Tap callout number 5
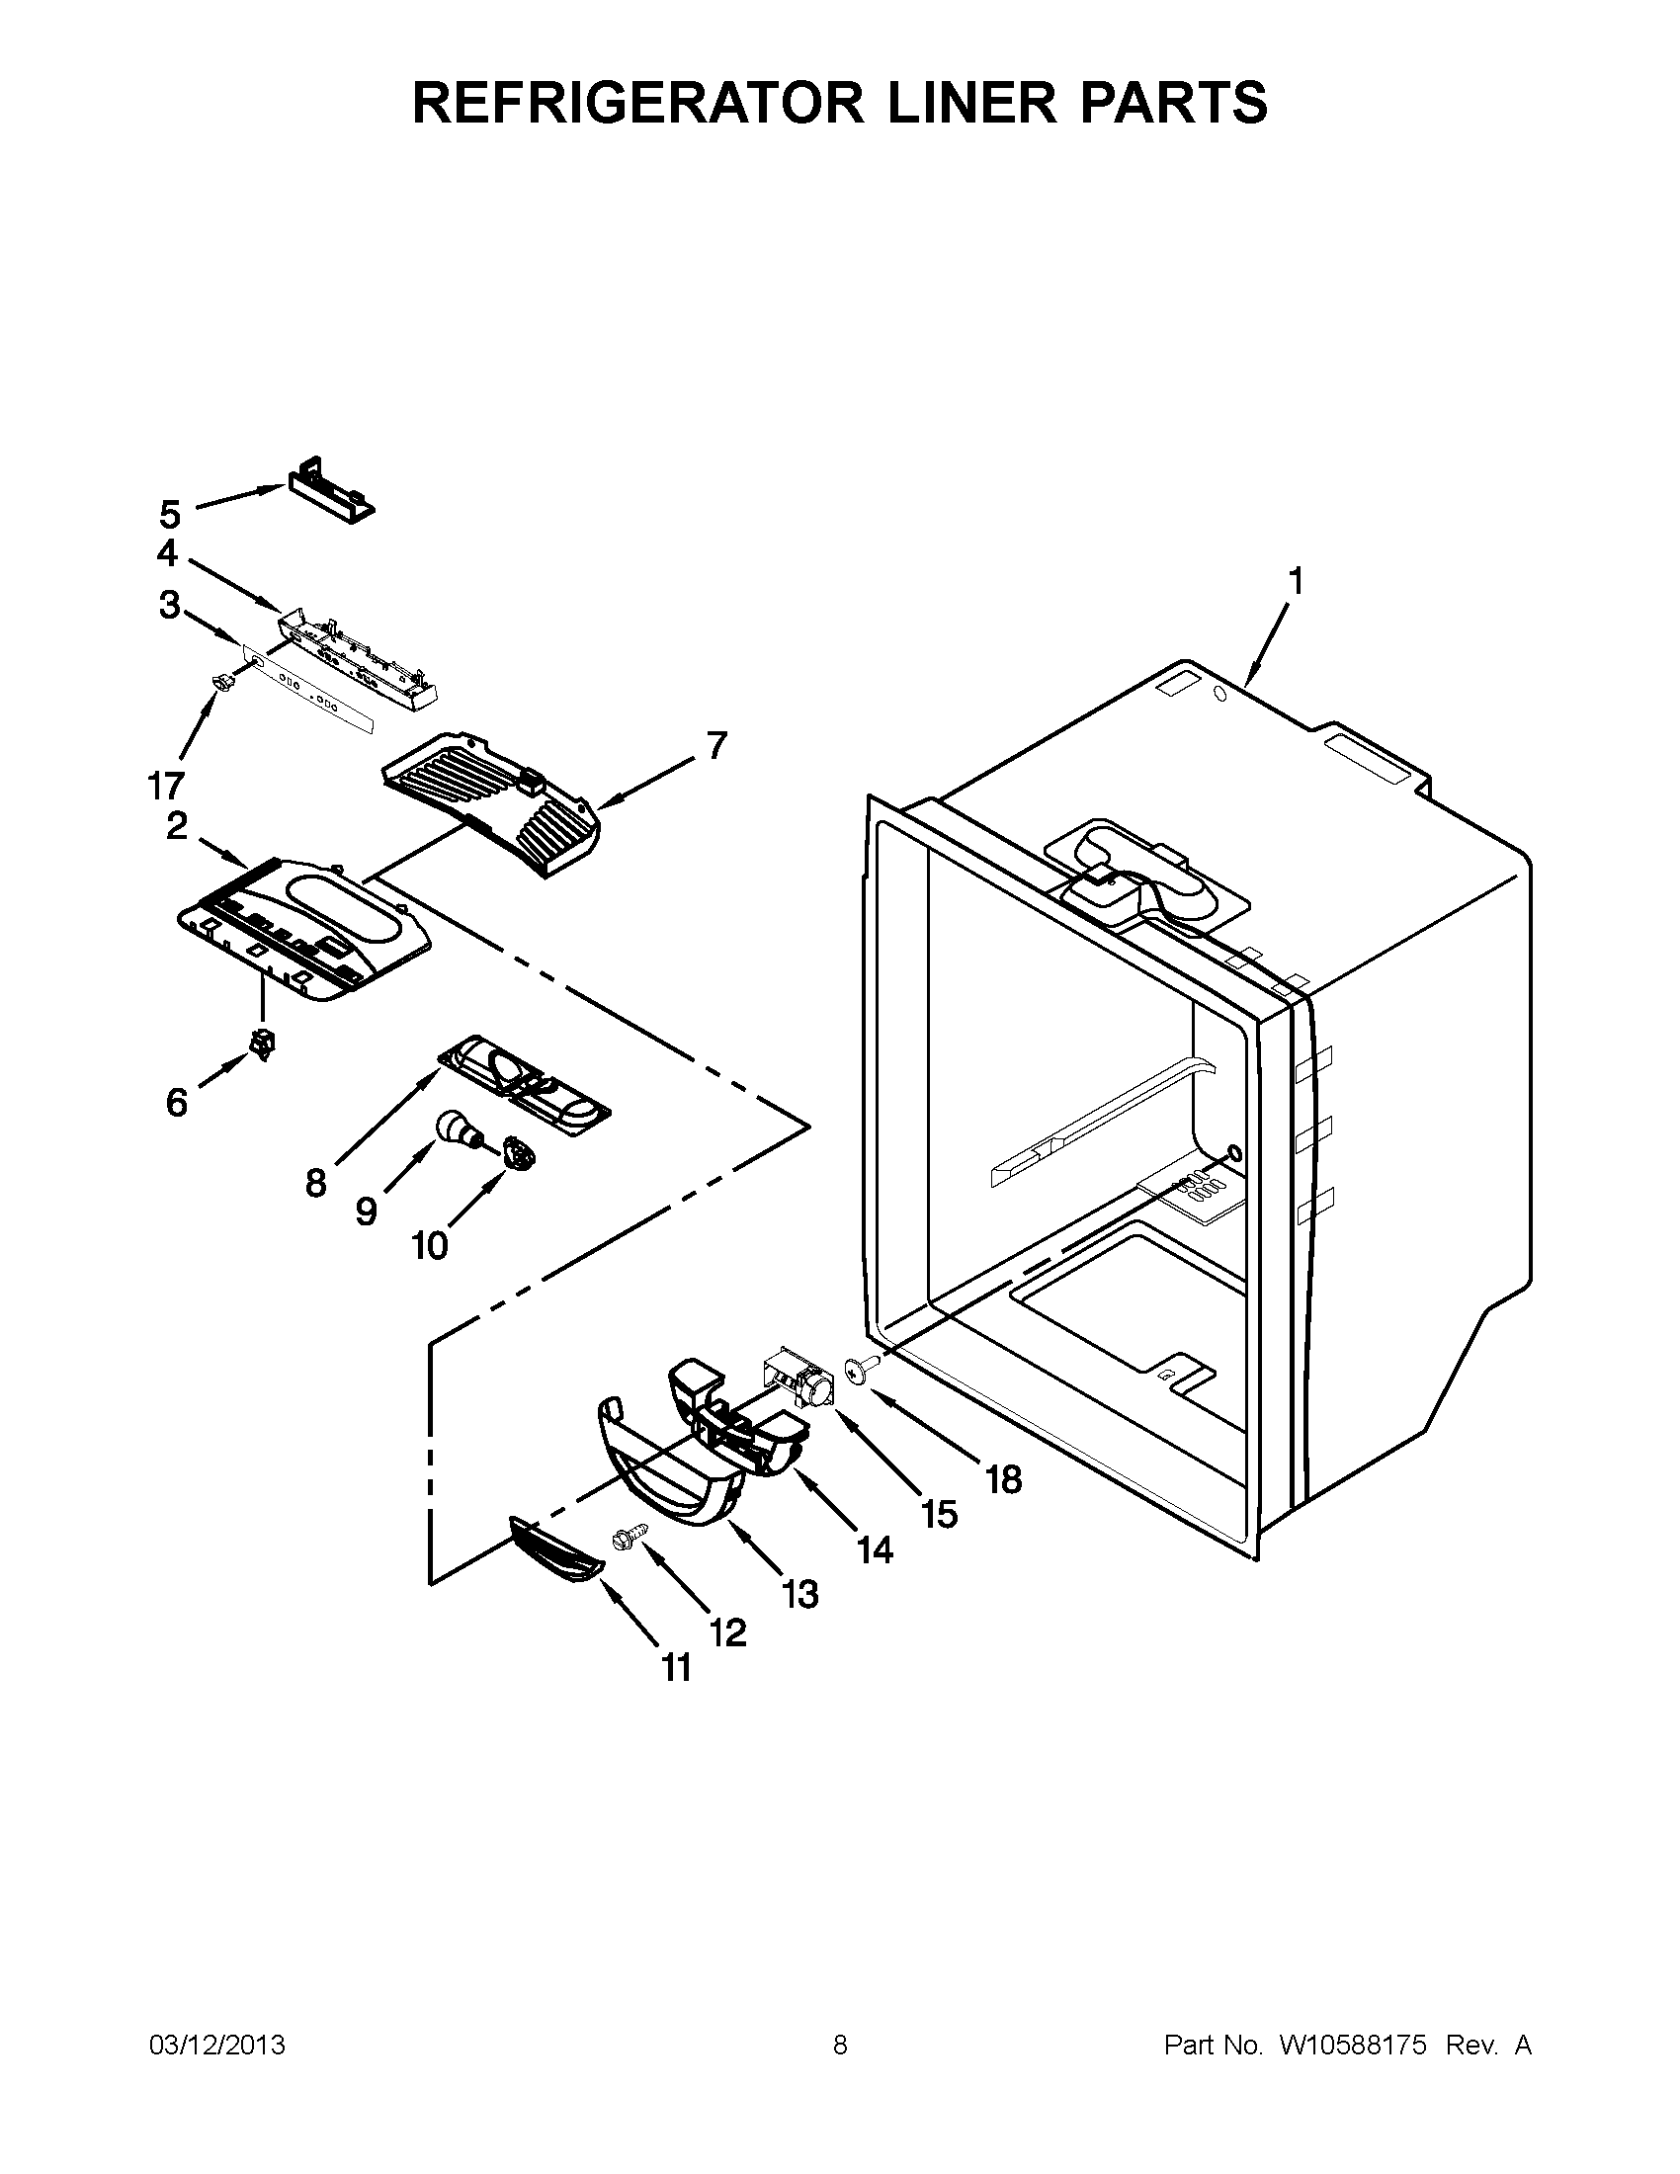coord(170,515)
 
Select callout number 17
coord(166,786)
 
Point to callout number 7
coord(716,744)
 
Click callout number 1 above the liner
coord(1295,580)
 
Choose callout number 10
coord(430,1245)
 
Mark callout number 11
coord(677,1666)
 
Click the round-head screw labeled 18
coord(857,1371)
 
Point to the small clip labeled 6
coord(263,1045)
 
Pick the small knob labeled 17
coord(223,682)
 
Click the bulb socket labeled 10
coord(518,1151)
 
